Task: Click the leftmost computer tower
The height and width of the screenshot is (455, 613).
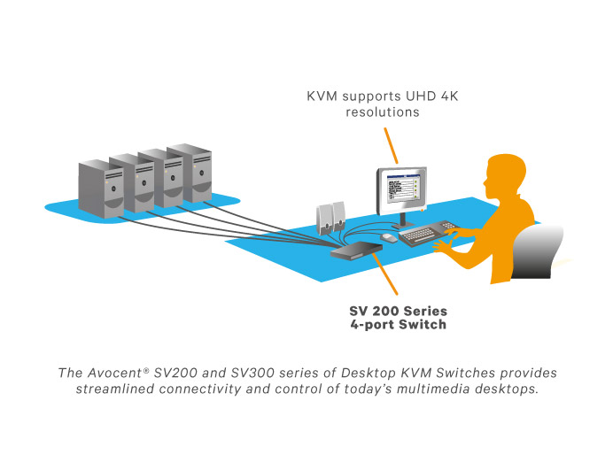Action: (x=97, y=187)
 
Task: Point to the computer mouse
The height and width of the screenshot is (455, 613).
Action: (x=389, y=237)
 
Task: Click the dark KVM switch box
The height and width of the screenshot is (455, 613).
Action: (x=356, y=251)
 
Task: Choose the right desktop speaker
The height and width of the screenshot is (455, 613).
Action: (x=339, y=213)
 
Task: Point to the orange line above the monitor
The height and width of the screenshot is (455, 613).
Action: (x=391, y=144)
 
